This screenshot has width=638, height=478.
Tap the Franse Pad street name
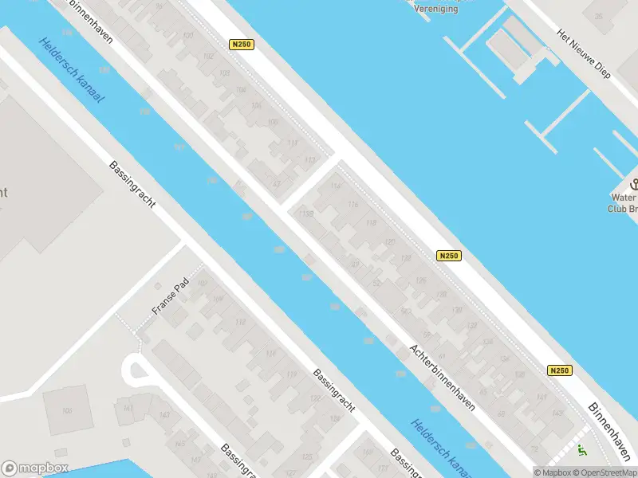(x=169, y=297)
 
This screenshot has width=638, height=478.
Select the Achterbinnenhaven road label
(x=443, y=377)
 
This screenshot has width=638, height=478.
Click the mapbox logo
(x=35, y=468)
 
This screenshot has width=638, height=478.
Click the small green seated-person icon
(x=581, y=451)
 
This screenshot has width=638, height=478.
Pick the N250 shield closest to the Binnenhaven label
(x=560, y=370)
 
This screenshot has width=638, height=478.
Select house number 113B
(x=305, y=213)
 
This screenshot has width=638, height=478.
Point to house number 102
(x=209, y=56)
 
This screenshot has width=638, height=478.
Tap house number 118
(x=370, y=223)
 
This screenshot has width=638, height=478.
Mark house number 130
(x=457, y=310)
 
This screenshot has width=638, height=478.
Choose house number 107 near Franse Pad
(x=203, y=284)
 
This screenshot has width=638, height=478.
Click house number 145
(x=180, y=443)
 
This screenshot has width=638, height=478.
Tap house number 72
(x=278, y=183)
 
